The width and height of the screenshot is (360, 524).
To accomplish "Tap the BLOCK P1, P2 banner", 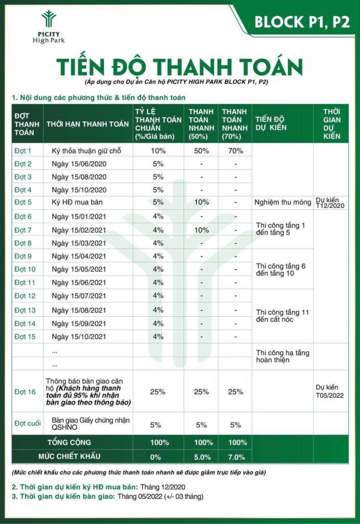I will [x=302, y=22].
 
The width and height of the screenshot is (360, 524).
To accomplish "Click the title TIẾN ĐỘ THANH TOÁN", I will [x=179, y=67].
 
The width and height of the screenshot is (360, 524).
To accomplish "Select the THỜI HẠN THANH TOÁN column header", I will [x=87, y=124].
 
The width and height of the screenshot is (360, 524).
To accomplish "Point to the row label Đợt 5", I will [x=23, y=203].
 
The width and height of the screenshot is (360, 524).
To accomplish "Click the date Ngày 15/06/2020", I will [x=79, y=164].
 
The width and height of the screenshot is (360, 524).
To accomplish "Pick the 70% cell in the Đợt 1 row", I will [x=236, y=151].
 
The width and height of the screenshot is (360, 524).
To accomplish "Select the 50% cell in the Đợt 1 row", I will [x=201, y=151].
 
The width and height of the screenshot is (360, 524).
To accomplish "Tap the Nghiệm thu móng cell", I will [x=283, y=203].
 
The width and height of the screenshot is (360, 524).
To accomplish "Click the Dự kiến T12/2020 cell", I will [x=331, y=203].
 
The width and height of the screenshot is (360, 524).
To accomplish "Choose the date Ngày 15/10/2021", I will [x=79, y=337].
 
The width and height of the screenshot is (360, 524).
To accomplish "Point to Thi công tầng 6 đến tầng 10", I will [x=281, y=270].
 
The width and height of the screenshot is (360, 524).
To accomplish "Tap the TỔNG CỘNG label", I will [x=69, y=442].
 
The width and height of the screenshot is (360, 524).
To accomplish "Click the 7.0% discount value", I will [x=236, y=457].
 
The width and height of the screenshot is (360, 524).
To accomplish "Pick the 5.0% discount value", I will [x=201, y=457].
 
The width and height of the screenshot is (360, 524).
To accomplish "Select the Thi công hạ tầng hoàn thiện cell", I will [x=282, y=357].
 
